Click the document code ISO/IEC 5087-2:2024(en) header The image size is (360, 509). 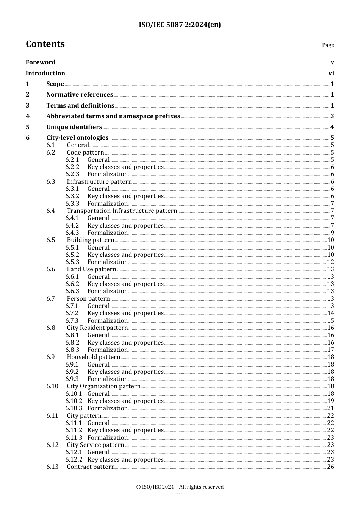180,25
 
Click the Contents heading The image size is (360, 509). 45,44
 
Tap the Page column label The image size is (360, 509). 328,45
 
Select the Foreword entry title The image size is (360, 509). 41,62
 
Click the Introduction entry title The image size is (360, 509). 45,73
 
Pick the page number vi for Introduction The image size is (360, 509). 331,73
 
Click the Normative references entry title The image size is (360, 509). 80,95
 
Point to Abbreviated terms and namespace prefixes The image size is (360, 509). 113,116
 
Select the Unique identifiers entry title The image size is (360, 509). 74,127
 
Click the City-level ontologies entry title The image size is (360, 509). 77,138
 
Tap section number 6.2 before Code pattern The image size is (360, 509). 51,153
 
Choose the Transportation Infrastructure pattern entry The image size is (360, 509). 122,211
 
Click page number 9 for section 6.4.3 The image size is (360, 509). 332,233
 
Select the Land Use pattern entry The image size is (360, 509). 91,269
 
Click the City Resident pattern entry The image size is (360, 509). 97,328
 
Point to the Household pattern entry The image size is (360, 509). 94,357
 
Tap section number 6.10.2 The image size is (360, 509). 74,401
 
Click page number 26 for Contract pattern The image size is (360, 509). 330,467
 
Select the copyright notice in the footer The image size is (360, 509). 180,487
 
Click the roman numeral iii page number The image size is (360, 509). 180,495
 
